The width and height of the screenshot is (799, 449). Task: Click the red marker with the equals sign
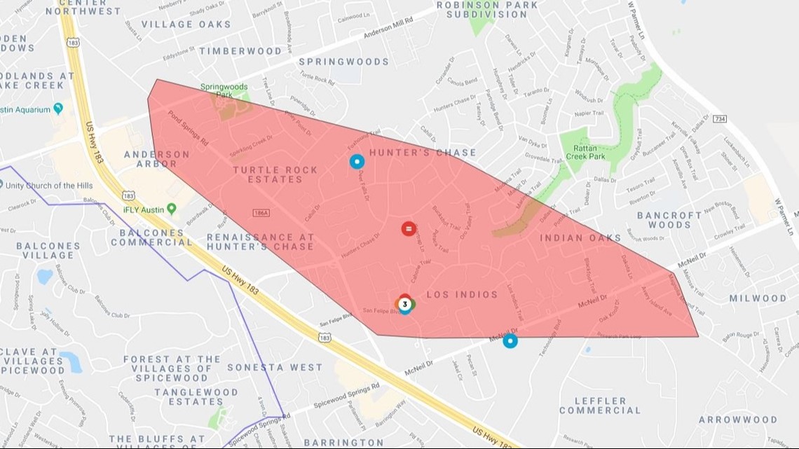click(408, 228)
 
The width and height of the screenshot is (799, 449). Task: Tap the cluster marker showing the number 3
click(405, 304)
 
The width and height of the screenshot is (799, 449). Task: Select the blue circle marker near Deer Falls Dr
click(357, 162)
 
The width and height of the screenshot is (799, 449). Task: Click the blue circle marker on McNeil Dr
click(510, 341)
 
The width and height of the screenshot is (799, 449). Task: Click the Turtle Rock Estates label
click(275, 174)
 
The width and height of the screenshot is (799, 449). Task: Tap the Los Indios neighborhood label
click(462, 295)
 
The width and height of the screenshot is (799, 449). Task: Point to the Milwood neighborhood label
click(758, 298)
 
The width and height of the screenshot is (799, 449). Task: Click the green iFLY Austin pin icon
click(172, 209)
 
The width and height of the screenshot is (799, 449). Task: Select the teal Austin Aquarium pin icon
click(58, 109)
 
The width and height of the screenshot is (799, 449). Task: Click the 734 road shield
click(720, 120)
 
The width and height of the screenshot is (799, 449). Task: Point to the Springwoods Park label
click(224, 90)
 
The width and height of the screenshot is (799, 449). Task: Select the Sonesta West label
click(275, 367)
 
